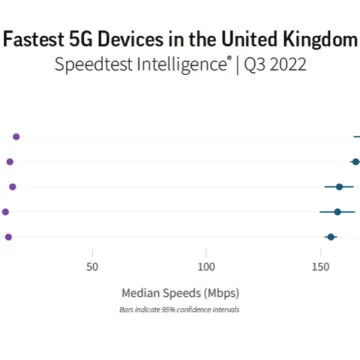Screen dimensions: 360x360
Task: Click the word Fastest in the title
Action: tap(37, 40)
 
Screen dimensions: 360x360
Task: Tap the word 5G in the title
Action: tap(90, 40)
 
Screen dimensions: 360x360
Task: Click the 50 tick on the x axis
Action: tap(93, 267)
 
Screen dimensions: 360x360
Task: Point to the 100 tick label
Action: tap(206, 267)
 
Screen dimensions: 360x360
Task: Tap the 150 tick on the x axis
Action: tap(320, 267)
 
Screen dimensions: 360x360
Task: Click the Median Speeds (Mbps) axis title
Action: tap(180, 293)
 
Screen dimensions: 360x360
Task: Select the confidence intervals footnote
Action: tap(180, 310)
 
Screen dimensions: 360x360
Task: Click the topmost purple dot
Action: tap(16, 135)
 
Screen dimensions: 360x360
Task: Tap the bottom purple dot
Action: tap(9, 237)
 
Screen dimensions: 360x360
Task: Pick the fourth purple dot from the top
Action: tap(6, 211)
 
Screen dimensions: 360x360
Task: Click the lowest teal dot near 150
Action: tap(331, 237)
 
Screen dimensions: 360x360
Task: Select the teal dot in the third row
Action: tap(340, 186)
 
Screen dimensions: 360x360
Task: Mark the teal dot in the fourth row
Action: tap(338, 211)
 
